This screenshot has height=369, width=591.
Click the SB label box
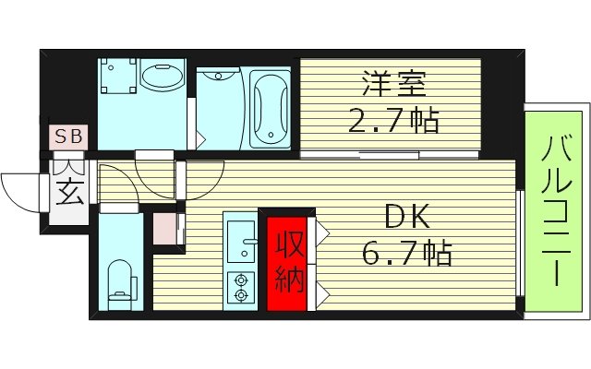[x=69, y=137]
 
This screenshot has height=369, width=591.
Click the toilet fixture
[x=120, y=278]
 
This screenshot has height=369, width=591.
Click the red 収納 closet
[x=287, y=261]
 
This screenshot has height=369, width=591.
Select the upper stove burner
[x=242, y=278]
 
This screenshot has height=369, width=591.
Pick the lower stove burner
[x=242, y=296]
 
